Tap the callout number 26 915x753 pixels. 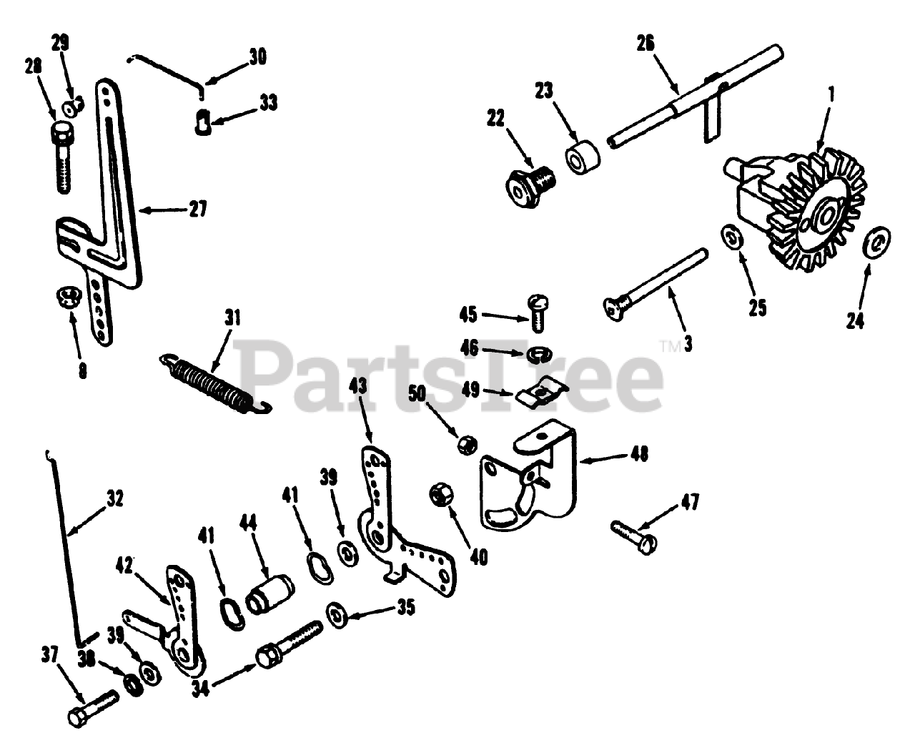click(646, 44)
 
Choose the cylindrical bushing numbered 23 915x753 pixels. click(582, 157)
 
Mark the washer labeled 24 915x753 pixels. click(873, 243)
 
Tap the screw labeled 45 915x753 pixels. click(536, 311)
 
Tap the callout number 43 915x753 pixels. click(357, 388)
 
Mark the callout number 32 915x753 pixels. click(114, 498)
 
